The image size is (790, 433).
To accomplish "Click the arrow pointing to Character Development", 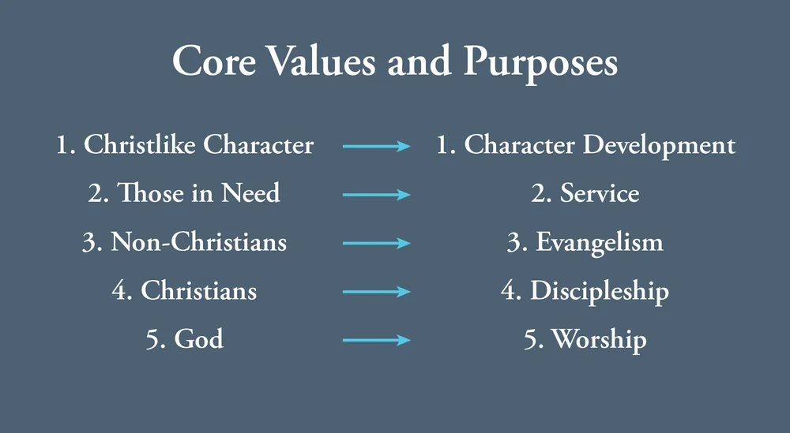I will (376, 146).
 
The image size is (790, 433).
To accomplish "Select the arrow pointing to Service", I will (376, 195).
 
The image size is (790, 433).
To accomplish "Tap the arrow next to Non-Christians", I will (376, 243).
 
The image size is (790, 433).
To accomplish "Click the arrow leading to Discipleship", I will (376, 292).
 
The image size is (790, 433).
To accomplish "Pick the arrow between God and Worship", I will (376, 341).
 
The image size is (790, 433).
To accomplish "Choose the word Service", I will (600, 194).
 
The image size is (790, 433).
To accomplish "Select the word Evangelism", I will (600, 243).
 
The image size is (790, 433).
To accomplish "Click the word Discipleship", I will (600, 292).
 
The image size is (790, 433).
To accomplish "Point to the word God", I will (198, 340).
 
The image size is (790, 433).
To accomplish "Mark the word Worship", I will (599, 340).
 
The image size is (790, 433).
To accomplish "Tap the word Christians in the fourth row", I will (198, 291).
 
